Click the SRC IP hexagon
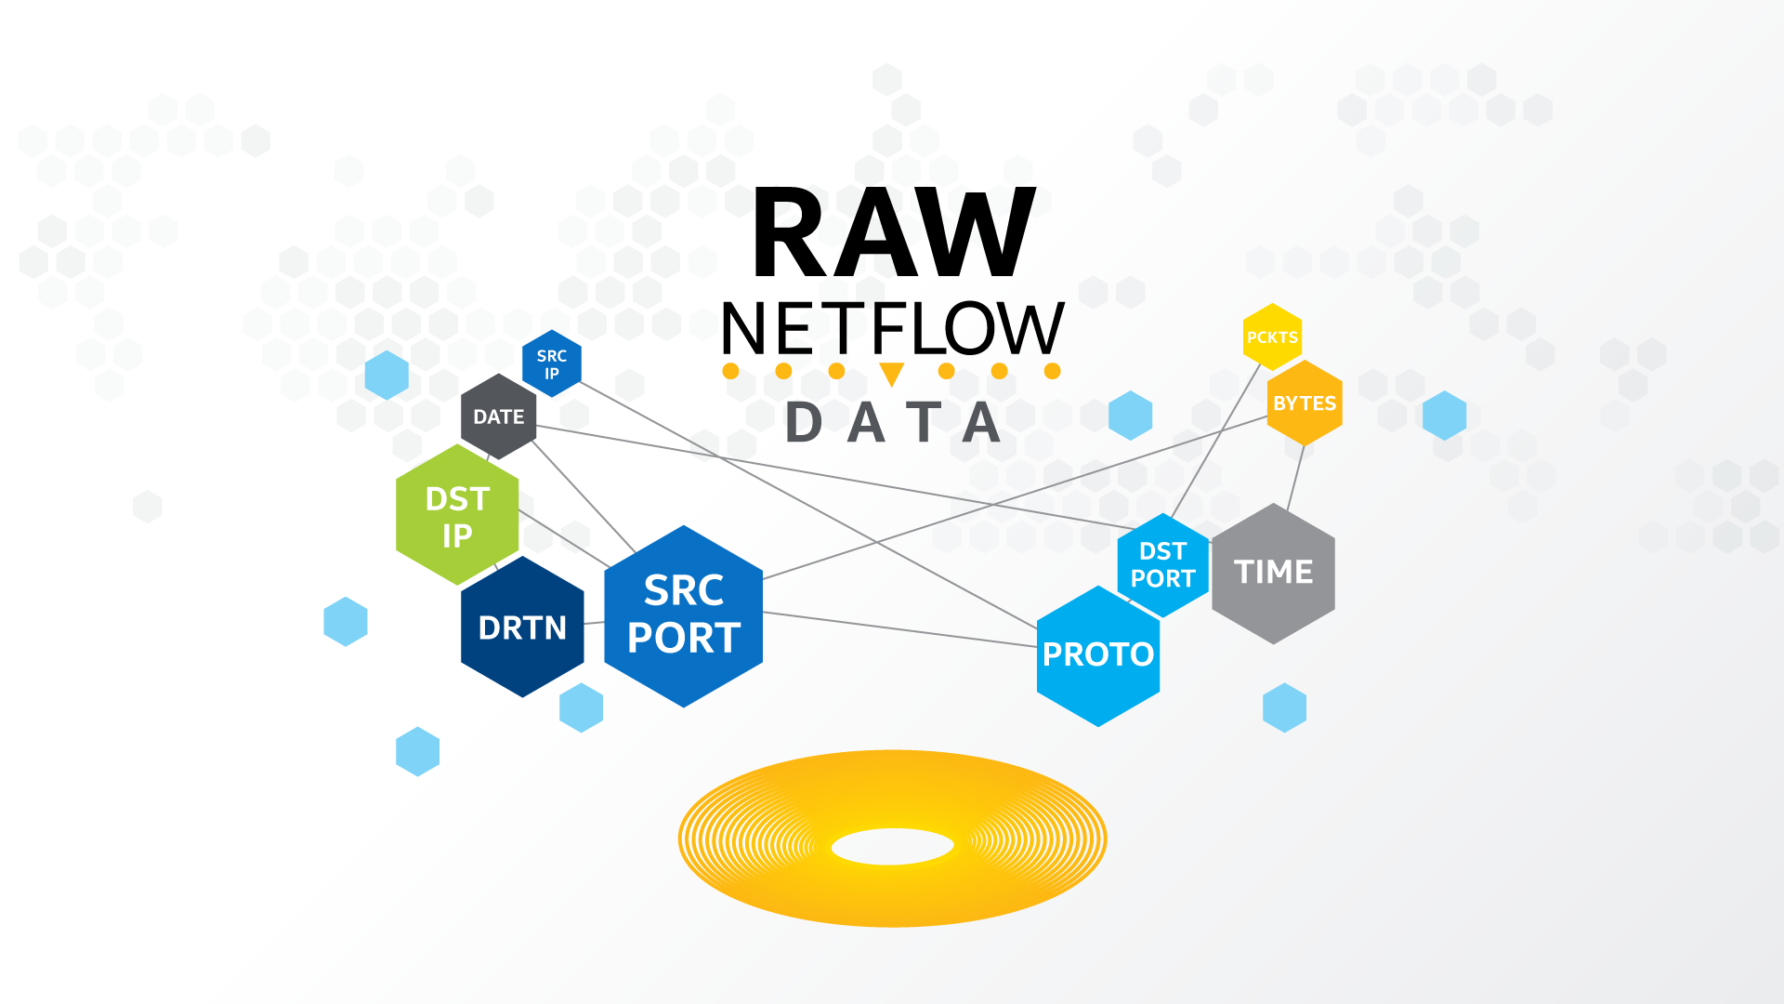pyautogui.click(x=552, y=363)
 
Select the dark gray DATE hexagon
pyautogui.click(x=499, y=416)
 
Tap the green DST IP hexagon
pyautogui.click(x=457, y=516)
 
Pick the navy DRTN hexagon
pyautogui.click(x=522, y=627)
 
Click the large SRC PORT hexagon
pyautogui.click(x=684, y=615)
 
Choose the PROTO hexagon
pyautogui.click(x=1097, y=655)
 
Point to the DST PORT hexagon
pyautogui.click(x=1163, y=565)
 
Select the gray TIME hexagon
pyautogui.click(x=1273, y=573)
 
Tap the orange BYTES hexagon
pyautogui.click(x=1305, y=403)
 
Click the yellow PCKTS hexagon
pyautogui.click(x=1272, y=337)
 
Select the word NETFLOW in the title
pyautogui.click(x=892, y=329)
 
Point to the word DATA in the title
pyautogui.click(x=892, y=423)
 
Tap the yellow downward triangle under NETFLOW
pyautogui.click(x=892, y=374)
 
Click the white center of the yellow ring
pyautogui.click(x=892, y=847)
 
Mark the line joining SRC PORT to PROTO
pyautogui.click(x=899, y=629)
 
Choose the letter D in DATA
pyautogui.click(x=804, y=423)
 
